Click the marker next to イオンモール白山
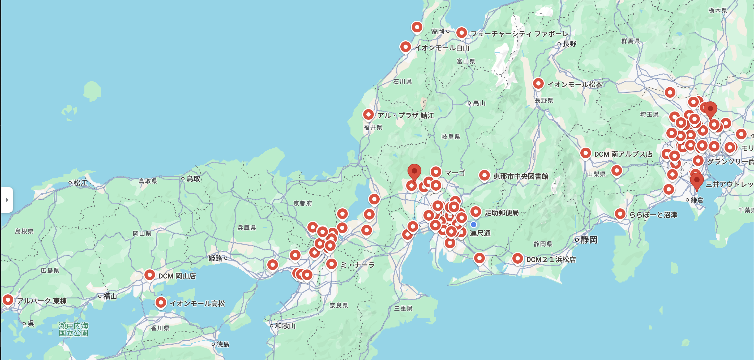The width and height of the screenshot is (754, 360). (x=405, y=46)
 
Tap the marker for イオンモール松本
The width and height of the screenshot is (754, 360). (x=538, y=83)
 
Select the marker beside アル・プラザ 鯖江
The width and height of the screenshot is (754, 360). (x=368, y=114)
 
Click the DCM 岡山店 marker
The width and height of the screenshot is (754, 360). (x=149, y=275)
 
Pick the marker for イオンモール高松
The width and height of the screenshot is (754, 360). (x=161, y=302)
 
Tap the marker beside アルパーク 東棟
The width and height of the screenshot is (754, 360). (x=8, y=300)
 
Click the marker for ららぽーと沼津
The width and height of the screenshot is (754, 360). (x=620, y=214)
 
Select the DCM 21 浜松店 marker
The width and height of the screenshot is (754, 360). (x=517, y=258)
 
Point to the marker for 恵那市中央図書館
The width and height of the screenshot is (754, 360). (x=484, y=175)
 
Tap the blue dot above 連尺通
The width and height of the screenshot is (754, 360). (x=473, y=225)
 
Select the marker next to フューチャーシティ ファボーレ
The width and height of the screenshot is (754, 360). (x=461, y=33)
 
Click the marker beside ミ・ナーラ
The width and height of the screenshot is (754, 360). (x=331, y=264)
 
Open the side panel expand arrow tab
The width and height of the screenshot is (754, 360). (x=7, y=200)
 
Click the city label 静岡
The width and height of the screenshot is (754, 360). (x=589, y=240)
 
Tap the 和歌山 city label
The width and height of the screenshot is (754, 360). (x=285, y=326)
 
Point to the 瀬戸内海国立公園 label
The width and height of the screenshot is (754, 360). (x=74, y=329)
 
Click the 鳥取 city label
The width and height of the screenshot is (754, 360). (x=193, y=178)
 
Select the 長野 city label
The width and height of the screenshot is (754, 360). (x=569, y=44)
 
